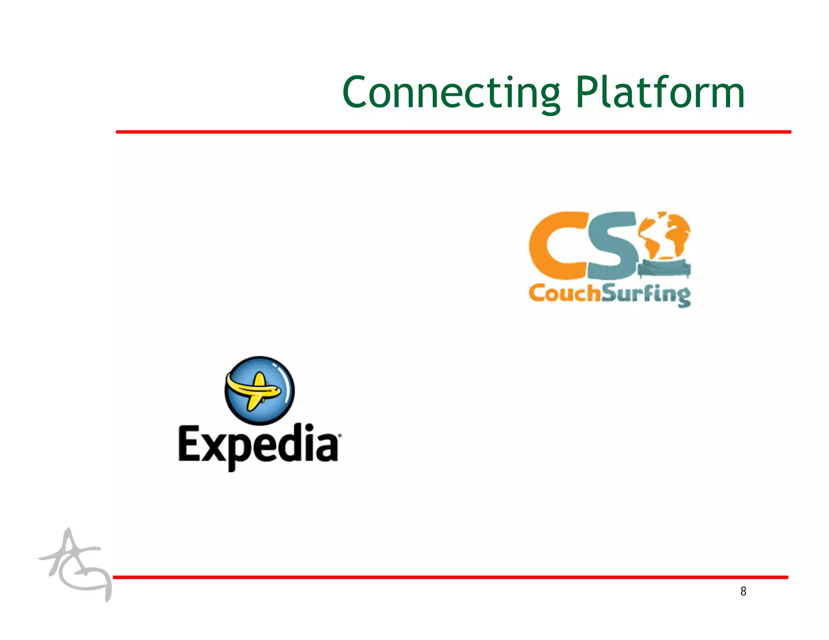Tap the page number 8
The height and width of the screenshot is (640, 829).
tap(743, 591)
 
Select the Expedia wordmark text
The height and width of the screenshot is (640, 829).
tap(258, 445)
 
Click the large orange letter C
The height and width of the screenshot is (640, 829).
tap(557, 246)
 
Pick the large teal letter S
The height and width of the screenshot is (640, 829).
tap(612, 246)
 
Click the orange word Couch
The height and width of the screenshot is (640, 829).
tap(564, 293)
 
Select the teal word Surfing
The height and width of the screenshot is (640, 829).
tap(646, 295)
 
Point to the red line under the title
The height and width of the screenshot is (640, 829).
tap(453, 132)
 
